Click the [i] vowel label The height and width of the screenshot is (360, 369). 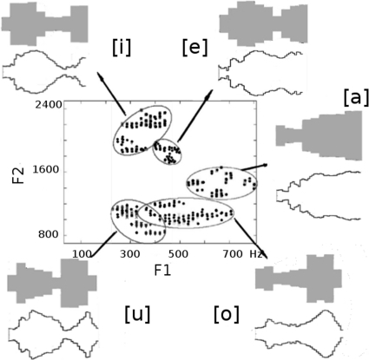(122, 48)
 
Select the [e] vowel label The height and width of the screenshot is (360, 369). (195, 48)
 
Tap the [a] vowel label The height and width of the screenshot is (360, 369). (356, 97)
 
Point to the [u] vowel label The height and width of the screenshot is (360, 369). (137, 314)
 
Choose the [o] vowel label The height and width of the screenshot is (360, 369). (227, 314)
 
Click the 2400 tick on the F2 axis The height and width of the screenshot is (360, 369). (49, 105)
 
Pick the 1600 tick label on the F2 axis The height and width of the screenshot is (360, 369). (46, 169)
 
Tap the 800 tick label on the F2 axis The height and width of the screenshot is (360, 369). (49, 234)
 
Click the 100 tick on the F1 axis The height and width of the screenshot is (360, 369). (82, 254)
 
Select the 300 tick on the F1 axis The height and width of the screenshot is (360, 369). (130, 254)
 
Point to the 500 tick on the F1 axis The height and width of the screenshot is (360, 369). (178, 254)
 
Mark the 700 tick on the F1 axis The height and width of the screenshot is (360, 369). (233, 254)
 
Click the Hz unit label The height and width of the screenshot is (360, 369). (256, 254)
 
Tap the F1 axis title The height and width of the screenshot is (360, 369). (162, 271)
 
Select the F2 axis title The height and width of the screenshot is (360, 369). (18, 174)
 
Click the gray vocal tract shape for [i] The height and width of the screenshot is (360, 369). (45, 23)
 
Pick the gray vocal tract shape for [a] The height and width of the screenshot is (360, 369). (319, 136)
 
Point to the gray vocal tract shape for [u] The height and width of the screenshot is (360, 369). (52, 282)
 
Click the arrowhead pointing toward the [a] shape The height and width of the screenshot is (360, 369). (265, 165)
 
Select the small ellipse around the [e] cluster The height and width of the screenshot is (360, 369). (153, 152)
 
